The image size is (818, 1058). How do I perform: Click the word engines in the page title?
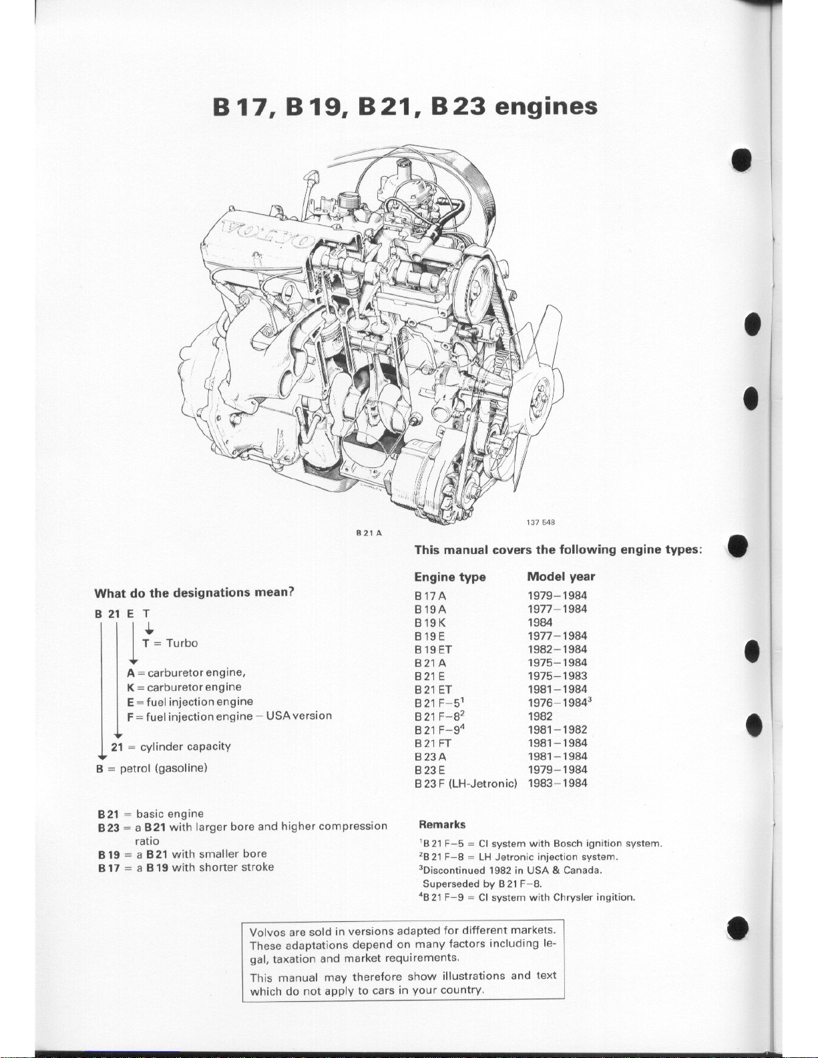[x=545, y=107]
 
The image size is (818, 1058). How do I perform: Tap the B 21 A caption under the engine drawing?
[x=369, y=533]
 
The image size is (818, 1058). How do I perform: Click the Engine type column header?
[x=449, y=577]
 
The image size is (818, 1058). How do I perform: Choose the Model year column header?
[x=560, y=577]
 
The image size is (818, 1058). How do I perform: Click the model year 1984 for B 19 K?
[x=540, y=622]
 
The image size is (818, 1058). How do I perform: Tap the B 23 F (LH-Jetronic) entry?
[x=465, y=783]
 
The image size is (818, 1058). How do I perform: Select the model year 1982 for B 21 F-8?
[x=540, y=716]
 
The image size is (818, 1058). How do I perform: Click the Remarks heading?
[x=442, y=824]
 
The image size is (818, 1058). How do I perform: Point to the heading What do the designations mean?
[x=195, y=593]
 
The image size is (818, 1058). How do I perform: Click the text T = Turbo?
[x=170, y=643]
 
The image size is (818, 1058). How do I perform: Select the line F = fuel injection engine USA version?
[x=229, y=716]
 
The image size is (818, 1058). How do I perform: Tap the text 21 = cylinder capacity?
[x=171, y=746]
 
